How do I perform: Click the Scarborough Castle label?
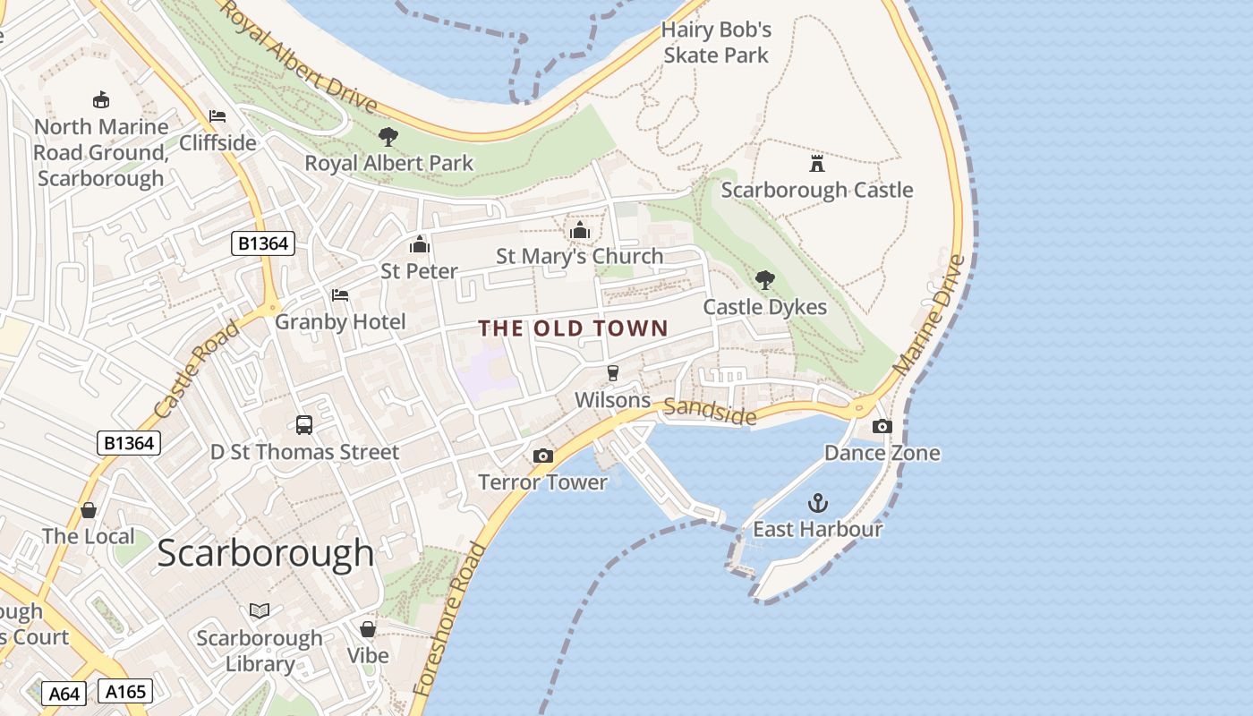click(x=816, y=190)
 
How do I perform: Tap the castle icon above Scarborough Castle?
click(x=816, y=164)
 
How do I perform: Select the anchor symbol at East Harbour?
click(x=818, y=503)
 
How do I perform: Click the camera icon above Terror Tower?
click(x=542, y=456)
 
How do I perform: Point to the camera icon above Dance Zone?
click(x=882, y=427)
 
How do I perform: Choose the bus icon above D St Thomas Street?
click(x=304, y=425)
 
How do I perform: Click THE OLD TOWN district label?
click(x=573, y=328)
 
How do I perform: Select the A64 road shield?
click(x=64, y=694)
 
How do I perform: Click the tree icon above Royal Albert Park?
click(x=388, y=137)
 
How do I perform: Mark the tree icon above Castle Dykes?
click(x=764, y=280)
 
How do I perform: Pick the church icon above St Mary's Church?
click(x=580, y=231)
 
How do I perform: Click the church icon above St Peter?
click(x=419, y=244)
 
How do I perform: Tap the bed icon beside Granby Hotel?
click(x=340, y=295)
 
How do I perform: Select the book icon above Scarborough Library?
click(x=260, y=610)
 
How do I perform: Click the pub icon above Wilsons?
click(x=612, y=373)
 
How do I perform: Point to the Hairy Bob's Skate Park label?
click(x=716, y=42)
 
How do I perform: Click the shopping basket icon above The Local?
click(x=89, y=510)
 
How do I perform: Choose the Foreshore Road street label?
click(x=451, y=618)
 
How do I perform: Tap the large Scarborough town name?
click(x=265, y=553)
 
